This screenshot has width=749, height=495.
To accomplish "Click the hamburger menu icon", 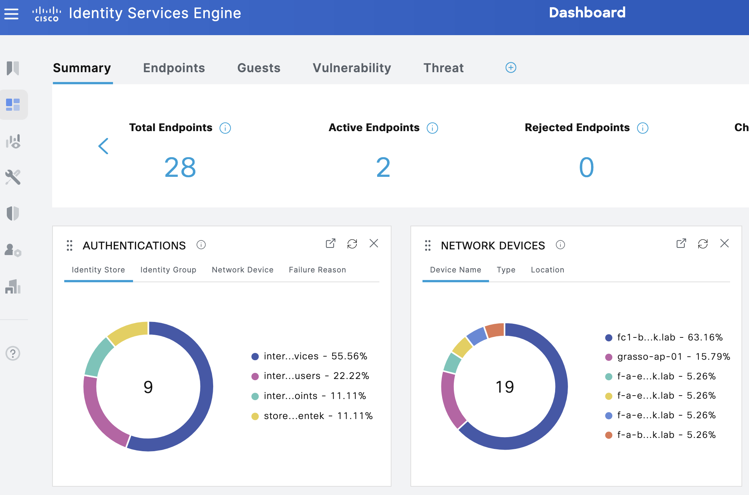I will (x=11, y=14).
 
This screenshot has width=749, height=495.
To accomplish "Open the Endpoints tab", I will (x=174, y=68).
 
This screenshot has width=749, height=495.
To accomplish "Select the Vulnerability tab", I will (x=351, y=68).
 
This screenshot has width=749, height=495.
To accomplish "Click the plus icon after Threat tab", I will (x=511, y=68).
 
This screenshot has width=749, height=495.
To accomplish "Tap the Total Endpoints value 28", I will (x=180, y=167).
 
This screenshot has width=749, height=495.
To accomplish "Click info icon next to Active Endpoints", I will (x=432, y=128).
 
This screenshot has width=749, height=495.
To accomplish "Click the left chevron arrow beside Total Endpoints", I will (x=103, y=146).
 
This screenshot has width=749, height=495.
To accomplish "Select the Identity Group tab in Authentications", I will (x=168, y=270).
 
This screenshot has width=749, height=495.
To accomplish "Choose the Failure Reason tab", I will (x=317, y=270).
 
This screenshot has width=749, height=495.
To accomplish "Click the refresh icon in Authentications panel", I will (x=352, y=244).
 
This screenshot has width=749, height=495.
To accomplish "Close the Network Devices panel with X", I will (x=724, y=243).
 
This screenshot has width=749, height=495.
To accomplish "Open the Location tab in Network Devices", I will (x=547, y=270).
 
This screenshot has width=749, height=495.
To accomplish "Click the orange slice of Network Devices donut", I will (x=495, y=330).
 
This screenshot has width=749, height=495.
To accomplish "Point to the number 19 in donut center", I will (x=504, y=387).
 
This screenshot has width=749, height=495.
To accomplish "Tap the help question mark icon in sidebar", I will (x=13, y=353).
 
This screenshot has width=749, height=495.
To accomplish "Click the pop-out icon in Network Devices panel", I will (x=681, y=244).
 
